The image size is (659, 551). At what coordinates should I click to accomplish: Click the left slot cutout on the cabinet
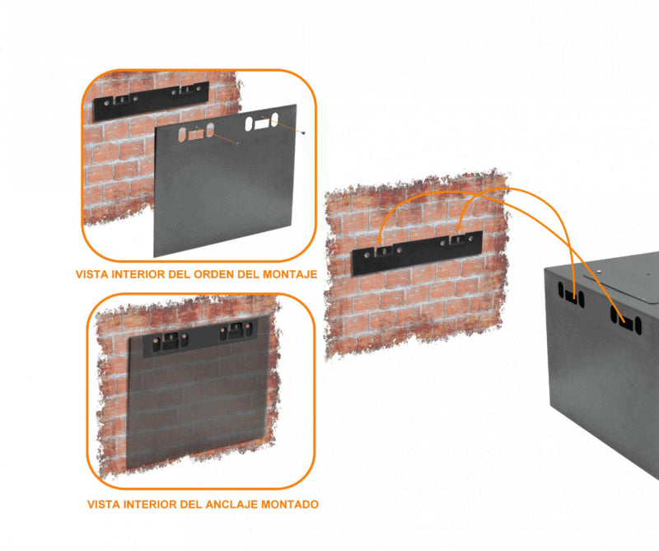click(570, 294)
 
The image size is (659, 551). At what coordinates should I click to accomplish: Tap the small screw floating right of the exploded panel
click(306, 132)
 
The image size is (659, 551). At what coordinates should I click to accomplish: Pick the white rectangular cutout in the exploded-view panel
click(262, 124)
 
